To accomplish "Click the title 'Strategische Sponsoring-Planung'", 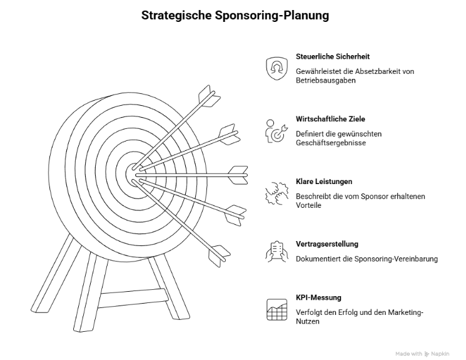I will pyautogui.click(x=233, y=15).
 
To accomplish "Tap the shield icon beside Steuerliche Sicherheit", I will pyautogui.click(x=276, y=67).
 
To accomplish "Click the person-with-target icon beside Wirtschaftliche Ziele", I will pyautogui.click(x=276, y=130).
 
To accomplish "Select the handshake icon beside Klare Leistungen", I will pyautogui.click(x=276, y=192).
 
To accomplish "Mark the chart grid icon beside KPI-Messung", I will pyautogui.click(x=276, y=310).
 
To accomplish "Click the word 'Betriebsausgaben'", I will pyautogui.click(x=327, y=81).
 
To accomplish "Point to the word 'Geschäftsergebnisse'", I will pyautogui.click(x=331, y=143).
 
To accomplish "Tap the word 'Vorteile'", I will pyautogui.click(x=309, y=205).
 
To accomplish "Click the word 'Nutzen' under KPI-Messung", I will pyautogui.click(x=308, y=322).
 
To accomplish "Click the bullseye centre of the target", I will pyautogui.click(x=133, y=171).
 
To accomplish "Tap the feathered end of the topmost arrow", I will pyautogui.click(x=209, y=97).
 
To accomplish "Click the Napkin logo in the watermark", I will pyautogui.click(x=427, y=353).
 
